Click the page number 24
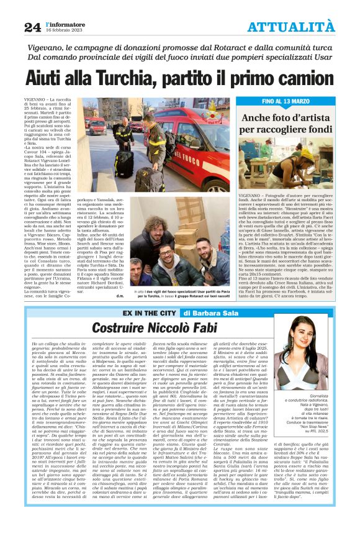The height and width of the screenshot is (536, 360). point(32,26)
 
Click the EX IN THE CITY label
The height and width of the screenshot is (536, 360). point(149,312)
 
